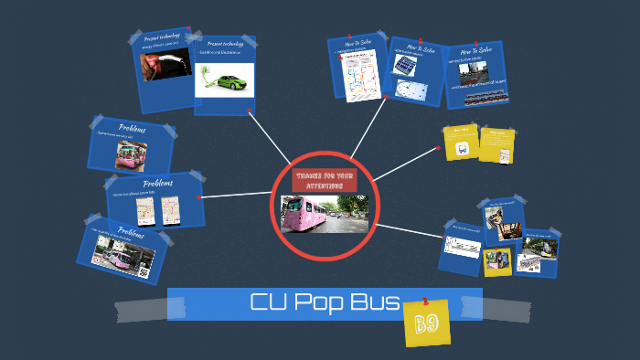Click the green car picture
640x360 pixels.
coord(223,79)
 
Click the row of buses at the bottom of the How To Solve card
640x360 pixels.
coord(485,96)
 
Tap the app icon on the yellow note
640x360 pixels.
coord(463,149)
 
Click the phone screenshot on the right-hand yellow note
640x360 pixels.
coord(496,150)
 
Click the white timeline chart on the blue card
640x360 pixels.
coord(462,244)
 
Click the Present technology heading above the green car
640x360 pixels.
coord(223,44)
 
